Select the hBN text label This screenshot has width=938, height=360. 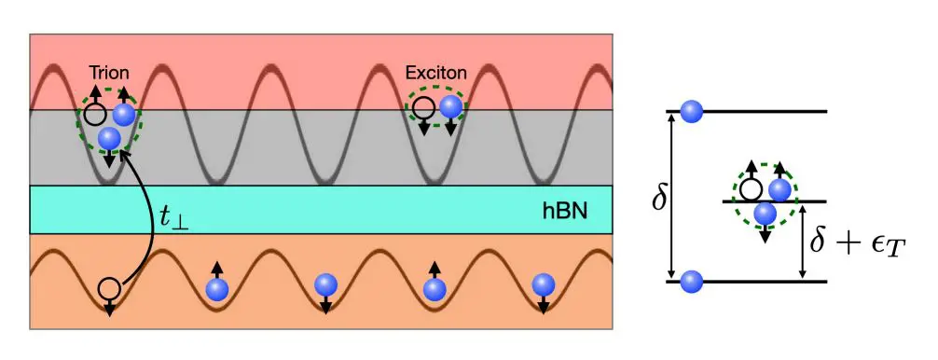pos(564,211)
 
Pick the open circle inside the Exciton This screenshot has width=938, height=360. pos(423,107)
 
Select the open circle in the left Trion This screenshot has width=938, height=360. pos(94,116)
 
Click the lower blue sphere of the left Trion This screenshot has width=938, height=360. pos(109,138)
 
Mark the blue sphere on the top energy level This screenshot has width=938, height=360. pos(691,111)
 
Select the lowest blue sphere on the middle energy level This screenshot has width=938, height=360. pos(766,214)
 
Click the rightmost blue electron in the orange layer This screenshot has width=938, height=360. pos(543,285)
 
